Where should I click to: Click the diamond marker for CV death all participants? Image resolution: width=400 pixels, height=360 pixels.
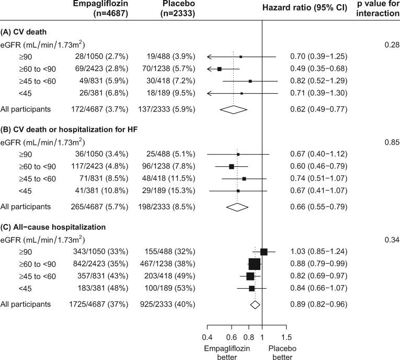[233, 109]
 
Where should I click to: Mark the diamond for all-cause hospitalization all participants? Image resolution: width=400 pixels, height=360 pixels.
[255, 304]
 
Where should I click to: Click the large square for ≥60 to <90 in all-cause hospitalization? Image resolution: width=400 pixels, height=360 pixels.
[254, 264]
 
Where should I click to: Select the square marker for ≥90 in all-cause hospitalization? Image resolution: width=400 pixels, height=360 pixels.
[264, 252]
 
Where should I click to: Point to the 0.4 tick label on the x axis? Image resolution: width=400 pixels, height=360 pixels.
[207, 337]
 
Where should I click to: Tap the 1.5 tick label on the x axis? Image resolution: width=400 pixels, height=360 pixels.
[287, 337]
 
